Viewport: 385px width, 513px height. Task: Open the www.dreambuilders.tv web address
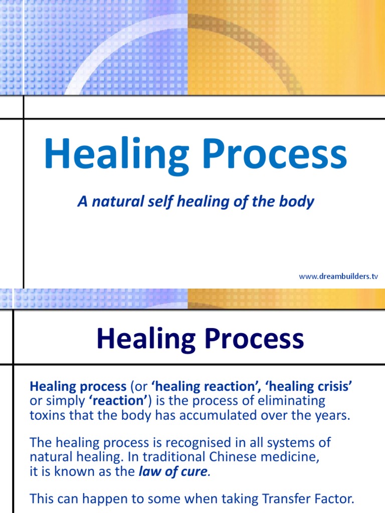tap(338, 277)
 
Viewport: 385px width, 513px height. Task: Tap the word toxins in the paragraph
tap(46, 416)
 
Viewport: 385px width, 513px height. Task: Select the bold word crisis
tap(335, 386)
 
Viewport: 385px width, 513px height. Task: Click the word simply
tap(64, 401)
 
